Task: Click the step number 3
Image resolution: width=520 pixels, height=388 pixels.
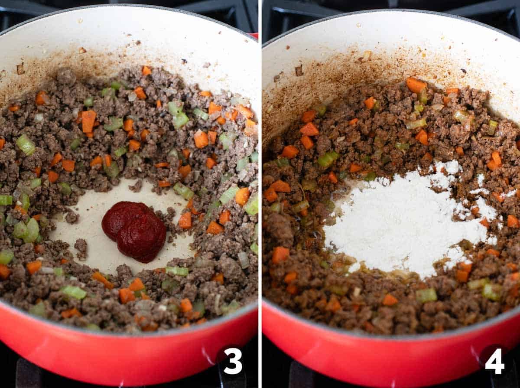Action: pos(233,361)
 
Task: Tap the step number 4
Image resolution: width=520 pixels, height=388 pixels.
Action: pos(494,361)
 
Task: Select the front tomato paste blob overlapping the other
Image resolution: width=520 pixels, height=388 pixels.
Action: pos(143,237)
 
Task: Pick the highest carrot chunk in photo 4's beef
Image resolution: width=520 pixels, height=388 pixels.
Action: pos(416,85)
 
